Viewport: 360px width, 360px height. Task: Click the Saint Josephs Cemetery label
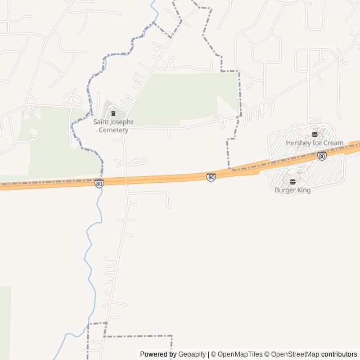(x=114, y=126)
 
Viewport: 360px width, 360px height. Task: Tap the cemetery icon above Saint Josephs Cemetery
(x=114, y=113)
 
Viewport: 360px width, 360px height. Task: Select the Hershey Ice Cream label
(x=314, y=143)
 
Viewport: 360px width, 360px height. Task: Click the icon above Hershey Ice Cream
(x=314, y=134)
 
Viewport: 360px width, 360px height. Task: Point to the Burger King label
(x=292, y=190)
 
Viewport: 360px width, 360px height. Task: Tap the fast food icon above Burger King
(x=292, y=181)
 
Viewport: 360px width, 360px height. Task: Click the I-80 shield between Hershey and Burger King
(x=322, y=156)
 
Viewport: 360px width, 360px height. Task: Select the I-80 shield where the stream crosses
(x=99, y=183)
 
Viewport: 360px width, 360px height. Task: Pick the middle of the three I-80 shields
(x=211, y=178)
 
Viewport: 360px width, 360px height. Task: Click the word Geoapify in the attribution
(x=192, y=354)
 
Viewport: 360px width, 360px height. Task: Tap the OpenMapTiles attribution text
(x=240, y=354)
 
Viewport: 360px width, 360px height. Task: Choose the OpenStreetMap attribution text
(x=292, y=354)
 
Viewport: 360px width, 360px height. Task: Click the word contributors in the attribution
(x=339, y=354)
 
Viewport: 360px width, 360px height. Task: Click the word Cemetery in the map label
(x=114, y=130)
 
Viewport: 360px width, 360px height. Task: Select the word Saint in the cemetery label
(x=102, y=122)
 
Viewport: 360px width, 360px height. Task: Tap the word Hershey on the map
(x=298, y=143)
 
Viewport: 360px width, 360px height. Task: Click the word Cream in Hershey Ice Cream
(x=333, y=143)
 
